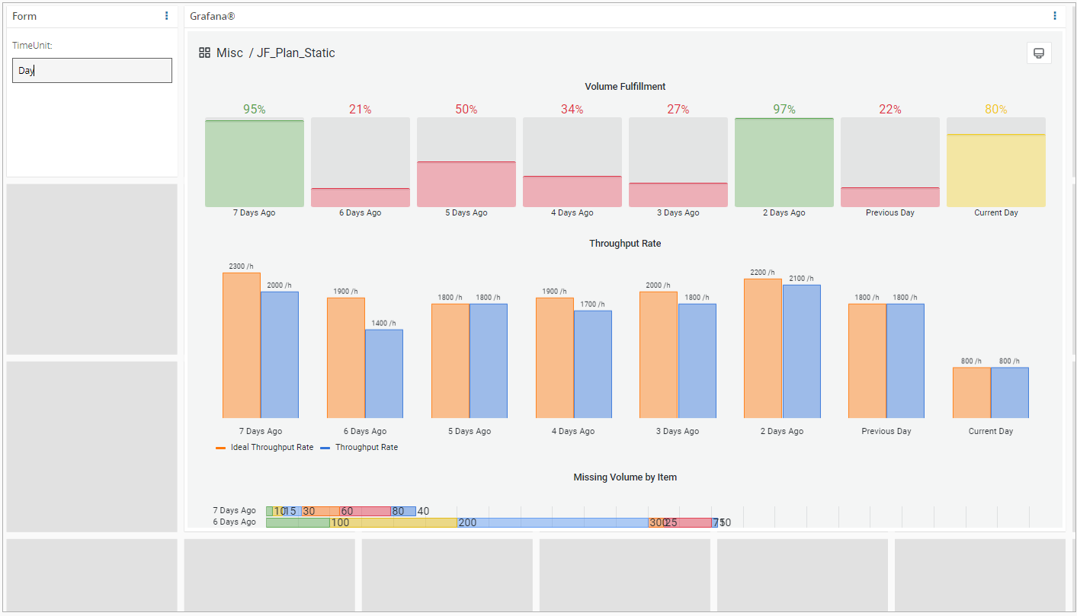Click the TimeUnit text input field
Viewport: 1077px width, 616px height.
pos(92,71)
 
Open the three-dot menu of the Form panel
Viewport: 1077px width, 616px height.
pos(167,16)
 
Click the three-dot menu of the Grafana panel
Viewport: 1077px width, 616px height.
pos(1055,16)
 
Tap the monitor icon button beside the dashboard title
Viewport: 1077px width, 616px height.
pos(1038,53)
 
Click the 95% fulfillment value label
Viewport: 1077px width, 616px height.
pos(255,110)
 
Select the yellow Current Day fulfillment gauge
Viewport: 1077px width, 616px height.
pos(995,170)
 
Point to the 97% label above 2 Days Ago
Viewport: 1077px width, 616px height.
pos(784,110)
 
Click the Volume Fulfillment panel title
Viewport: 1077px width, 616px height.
pos(625,87)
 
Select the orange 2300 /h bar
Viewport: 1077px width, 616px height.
pos(242,345)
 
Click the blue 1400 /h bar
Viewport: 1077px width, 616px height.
pos(384,373)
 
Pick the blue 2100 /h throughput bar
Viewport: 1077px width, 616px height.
pos(801,351)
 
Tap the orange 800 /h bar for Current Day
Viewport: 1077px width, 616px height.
pos(971,392)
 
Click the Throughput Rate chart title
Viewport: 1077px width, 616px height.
pos(625,244)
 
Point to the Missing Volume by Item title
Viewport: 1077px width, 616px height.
pos(625,477)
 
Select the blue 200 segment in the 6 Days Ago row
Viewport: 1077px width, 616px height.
pos(553,522)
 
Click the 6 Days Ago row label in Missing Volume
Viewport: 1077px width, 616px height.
pos(235,522)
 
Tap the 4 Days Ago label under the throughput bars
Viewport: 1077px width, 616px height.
pos(573,431)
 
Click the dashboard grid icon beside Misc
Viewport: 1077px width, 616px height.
pos(204,53)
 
